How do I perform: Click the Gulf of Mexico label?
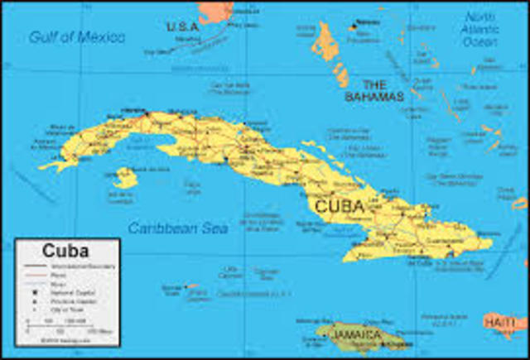(77, 37)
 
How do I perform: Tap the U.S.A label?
(182, 26)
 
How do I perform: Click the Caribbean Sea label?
(178, 228)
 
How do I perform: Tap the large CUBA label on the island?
(339, 206)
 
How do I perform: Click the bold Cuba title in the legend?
(59, 252)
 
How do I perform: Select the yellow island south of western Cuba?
(127, 177)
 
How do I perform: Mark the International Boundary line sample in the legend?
(36, 266)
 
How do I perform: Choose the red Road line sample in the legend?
(36, 275)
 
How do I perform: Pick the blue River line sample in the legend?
(36, 283)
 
